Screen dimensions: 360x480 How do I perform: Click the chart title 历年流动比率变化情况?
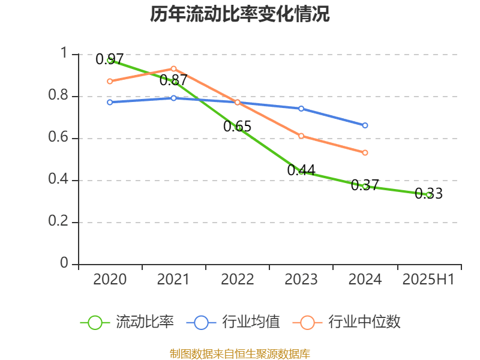pos(240,14)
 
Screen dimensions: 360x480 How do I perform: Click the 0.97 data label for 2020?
pos(110,59)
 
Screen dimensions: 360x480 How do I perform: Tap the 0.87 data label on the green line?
pos(173,80)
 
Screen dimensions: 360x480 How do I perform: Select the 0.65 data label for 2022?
pos(237,127)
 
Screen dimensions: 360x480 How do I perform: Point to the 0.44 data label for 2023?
pos(301,170)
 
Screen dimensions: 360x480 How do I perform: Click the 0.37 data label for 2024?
pos(365,185)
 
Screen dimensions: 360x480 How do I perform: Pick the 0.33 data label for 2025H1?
pos(428,194)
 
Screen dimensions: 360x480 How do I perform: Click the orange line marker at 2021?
pos(173,68)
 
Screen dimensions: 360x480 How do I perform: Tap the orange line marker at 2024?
pos(365,152)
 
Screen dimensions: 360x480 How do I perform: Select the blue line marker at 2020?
pos(110,102)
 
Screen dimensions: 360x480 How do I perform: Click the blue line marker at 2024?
pos(365,125)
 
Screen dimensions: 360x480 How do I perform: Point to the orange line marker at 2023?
pos(301,136)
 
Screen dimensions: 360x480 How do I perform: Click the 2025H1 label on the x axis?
pos(428,280)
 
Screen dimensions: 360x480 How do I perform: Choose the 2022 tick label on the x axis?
pos(237,280)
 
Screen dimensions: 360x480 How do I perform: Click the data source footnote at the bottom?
pos(240,353)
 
